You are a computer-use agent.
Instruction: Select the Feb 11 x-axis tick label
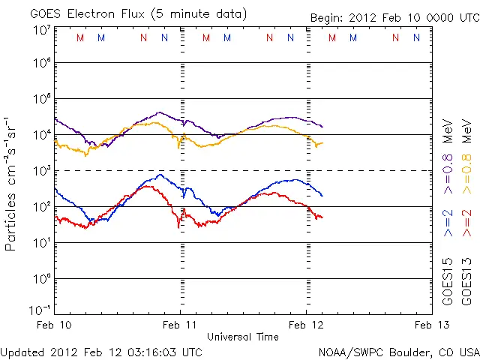[x=181, y=325]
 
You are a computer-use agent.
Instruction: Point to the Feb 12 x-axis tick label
[x=306, y=325]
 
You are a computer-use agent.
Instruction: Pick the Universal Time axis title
[x=243, y=337]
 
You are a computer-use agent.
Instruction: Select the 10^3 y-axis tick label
[x=41, y=170]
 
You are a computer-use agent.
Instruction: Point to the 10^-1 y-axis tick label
[x=41, y=309]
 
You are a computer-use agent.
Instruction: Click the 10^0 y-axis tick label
[x=41, y=278]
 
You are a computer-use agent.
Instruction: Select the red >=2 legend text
[x=466, y=222]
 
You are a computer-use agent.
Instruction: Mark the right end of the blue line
[x=322, y=196]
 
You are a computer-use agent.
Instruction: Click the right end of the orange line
[x=322, y=142]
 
